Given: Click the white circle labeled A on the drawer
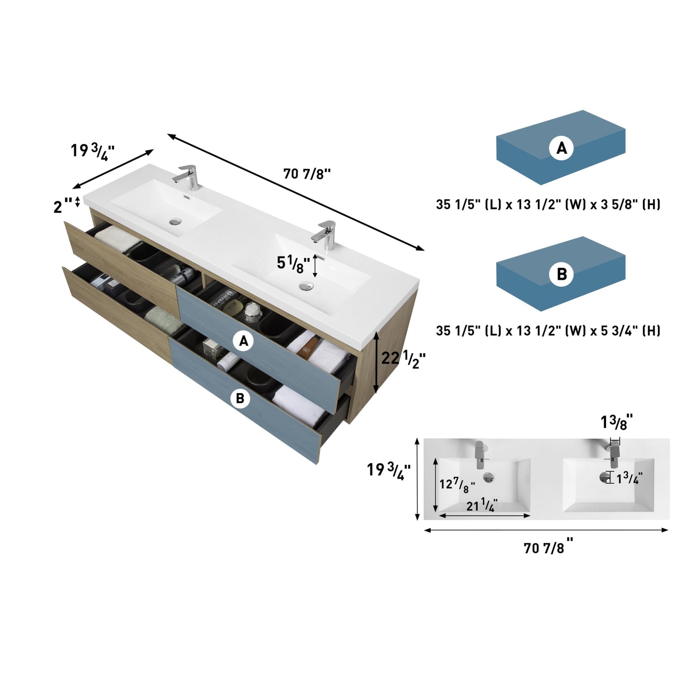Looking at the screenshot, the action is tap(244, 342).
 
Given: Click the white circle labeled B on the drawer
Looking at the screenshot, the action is tap(240, 398).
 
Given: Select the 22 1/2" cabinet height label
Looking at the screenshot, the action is tap(403, 359).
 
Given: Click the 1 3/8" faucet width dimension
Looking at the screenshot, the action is tap(617, 422).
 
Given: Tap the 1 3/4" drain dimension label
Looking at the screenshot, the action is tap(629, 478).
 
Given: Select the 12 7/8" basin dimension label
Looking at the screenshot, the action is tap(457, 485).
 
